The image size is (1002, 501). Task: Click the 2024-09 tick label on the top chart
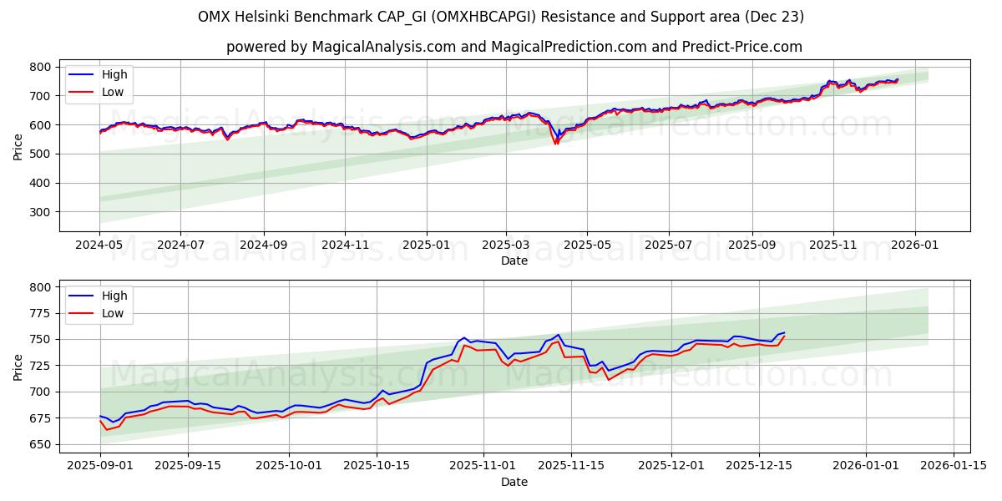263,245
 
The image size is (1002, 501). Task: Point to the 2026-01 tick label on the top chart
914,245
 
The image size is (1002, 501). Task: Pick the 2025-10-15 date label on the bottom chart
376,465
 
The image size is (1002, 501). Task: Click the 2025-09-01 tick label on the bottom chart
100,465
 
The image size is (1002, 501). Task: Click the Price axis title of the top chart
18,145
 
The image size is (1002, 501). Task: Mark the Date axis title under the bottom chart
514,482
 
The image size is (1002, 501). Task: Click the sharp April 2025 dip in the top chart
556,142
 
